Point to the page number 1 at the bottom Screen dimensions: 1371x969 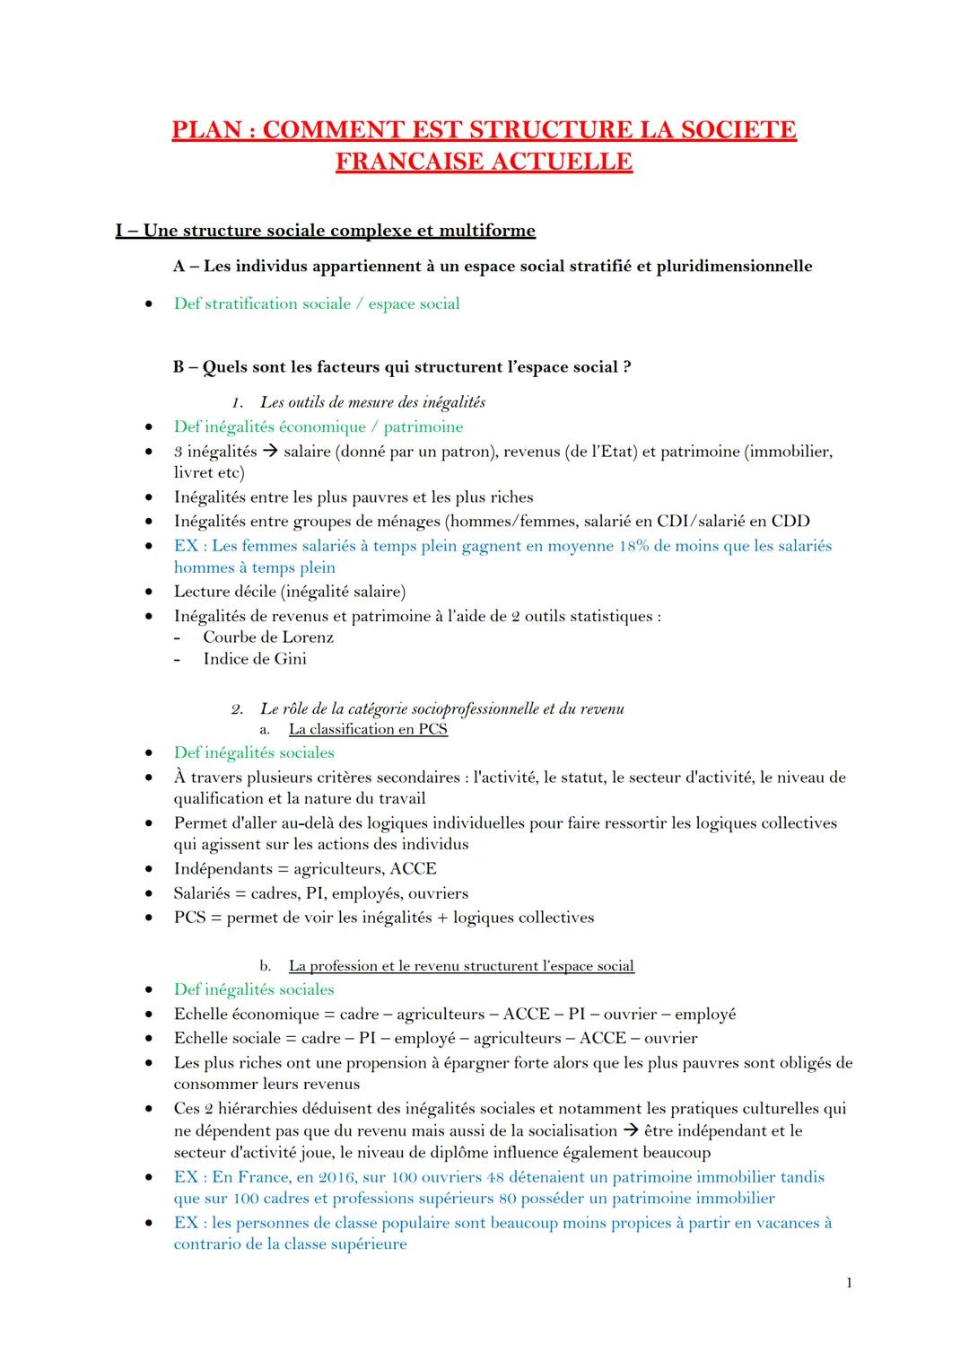coord(849,1283)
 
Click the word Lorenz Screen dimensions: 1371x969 coord(307,637)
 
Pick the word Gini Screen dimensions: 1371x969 coord(290,659)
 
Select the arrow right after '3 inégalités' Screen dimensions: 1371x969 coord(270,452)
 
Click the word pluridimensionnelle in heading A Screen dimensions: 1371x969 coord(734,266)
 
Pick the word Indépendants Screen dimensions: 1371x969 coord(223,869)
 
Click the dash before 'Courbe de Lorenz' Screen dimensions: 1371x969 coord(178,637)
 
